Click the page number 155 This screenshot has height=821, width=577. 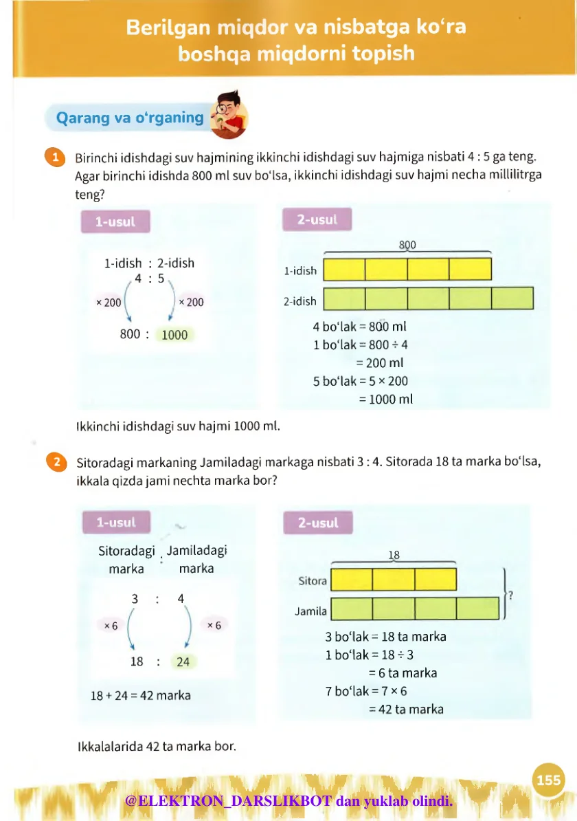(x=549, y=780)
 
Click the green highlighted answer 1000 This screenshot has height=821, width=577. (x=174, y=335)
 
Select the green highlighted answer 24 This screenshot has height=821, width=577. (x=183, y=662)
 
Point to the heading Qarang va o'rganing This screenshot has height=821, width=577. (x=130, y=118)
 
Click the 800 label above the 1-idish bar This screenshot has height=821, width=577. (x=407, y=245)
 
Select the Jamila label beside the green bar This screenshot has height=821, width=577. (x=311, y=611)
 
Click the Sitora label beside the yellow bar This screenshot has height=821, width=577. (x=313, y=581)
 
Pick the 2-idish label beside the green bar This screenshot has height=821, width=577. (x=300, y=301)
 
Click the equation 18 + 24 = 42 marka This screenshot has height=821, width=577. (x=141, y=695)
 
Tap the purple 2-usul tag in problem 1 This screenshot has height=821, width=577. (x=317, y=220)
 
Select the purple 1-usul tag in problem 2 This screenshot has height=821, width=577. (x=116, y=523)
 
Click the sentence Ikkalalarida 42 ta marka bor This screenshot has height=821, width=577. (x=156, y=745)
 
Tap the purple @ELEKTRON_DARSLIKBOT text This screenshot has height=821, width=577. (x=229, y=801)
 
